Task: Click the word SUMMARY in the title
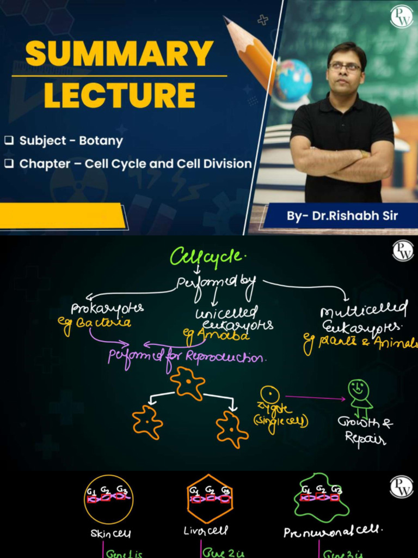point(119,54)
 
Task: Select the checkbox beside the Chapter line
point(9,163)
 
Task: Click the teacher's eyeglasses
point(345,66)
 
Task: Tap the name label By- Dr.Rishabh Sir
point(342,216)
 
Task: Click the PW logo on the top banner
point(402,17)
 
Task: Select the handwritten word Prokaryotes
point(107,308)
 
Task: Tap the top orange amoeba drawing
point(187,383)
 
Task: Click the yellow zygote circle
point(269,393)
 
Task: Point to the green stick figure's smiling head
point(359,389)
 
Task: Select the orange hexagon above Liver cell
point(210,498)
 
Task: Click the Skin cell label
point(110,533)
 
